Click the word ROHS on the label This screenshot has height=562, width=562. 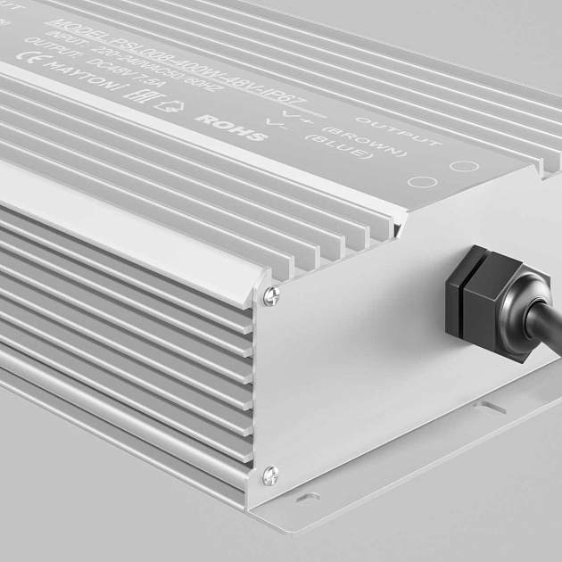pyautogui.click(x=231, y=128)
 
